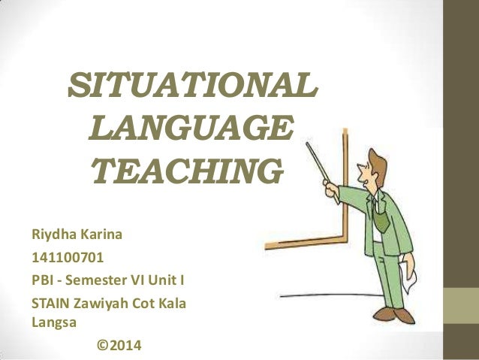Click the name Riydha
(x=51, y=236)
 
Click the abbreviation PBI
(x=42, y=283)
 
